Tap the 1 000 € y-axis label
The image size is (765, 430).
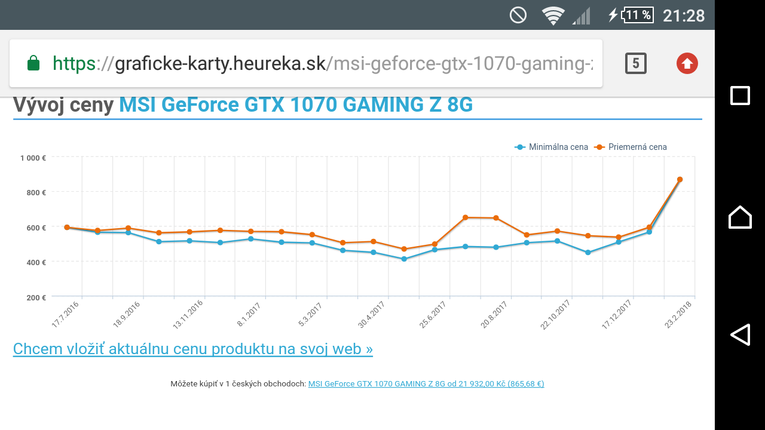tap(33, 158)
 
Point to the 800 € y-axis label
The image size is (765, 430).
tap(35, 192)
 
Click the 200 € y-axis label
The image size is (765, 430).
tap(35, 297)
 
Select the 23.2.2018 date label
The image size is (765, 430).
tap(679, 314)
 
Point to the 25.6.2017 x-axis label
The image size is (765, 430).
tap(433, 314)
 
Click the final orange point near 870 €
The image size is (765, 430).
tap(680, 179)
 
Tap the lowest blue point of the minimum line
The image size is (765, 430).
tap(404, 259)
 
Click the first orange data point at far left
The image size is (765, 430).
tap(67, 227)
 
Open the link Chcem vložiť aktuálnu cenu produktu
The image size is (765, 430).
tap(192, 349)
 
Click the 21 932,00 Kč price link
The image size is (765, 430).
tap(426, 384)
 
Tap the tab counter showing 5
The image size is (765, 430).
tap(636, 63)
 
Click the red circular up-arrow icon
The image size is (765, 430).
tap(687, 63)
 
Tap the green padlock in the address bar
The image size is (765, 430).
tap(33, 63)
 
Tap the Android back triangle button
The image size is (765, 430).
tap(740, 334)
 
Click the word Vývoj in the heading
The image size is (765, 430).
tap(41, 105)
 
